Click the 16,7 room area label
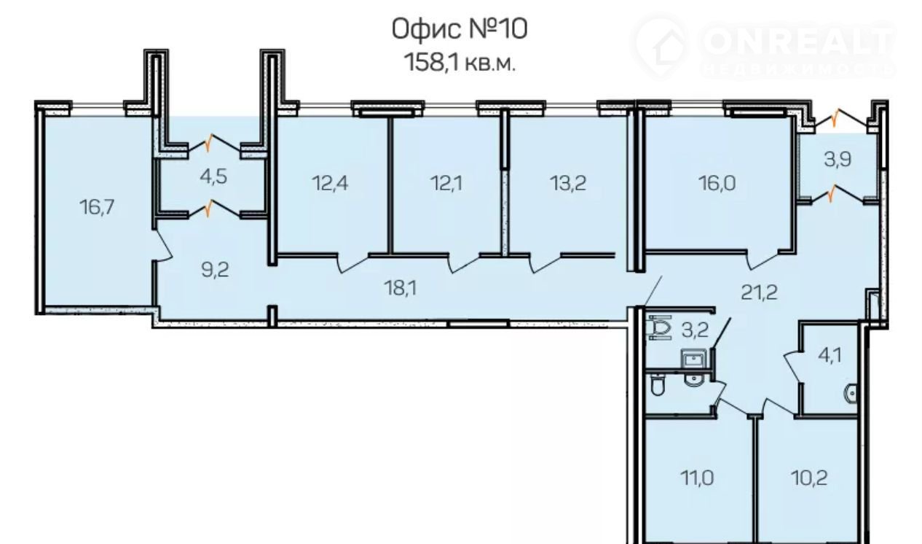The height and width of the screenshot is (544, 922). point(97,206)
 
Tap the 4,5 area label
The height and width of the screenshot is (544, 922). point(213,176)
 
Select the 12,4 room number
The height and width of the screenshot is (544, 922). point(330,183)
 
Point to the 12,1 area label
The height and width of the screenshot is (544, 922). point(446,183)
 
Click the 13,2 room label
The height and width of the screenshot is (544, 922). point(568,183)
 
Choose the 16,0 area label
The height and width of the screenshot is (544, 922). point(717,183)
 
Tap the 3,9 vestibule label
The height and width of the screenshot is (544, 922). point(838,159)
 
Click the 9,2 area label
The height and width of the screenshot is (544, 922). point(215,270)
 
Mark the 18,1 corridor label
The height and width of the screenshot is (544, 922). point(401,287)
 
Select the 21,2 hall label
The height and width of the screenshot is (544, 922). point(759,292)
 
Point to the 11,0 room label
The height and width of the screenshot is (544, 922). point(697,478)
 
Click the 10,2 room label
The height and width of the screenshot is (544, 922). point(809,478)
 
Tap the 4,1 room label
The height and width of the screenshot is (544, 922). point(830,355)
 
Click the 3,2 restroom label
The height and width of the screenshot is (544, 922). point(695,330)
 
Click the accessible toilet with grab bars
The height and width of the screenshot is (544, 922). point(660,327)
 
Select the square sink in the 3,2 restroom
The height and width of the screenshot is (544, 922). point(693,360)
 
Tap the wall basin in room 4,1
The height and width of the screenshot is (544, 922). point(851,394)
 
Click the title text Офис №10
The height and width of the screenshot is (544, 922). point(459,29)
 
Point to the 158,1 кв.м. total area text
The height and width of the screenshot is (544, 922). point(460,63)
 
